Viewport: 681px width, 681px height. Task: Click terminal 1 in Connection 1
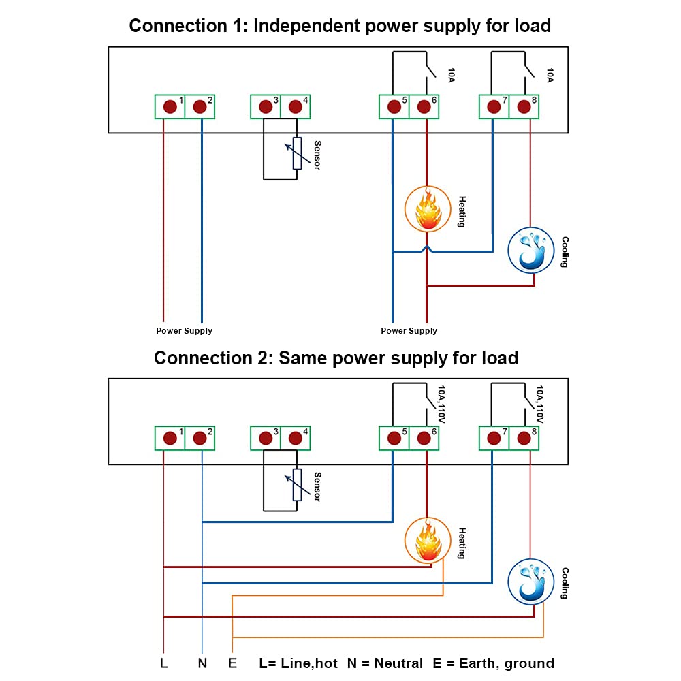(169, 107)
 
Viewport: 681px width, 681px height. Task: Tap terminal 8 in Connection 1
(523, 107)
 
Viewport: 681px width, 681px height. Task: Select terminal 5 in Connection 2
(393, 438)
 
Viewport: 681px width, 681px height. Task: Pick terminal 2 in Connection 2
(200, 438)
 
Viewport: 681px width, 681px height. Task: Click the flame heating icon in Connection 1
(428, 209)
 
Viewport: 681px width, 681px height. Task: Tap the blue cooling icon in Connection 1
(532, 250)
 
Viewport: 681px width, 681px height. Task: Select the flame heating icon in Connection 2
(428, 540)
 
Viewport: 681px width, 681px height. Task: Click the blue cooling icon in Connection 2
(531, 582)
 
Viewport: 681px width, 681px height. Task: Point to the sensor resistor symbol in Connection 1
(297, 153)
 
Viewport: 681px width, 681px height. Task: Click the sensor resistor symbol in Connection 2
(297, 484)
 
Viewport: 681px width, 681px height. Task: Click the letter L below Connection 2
(164, 663)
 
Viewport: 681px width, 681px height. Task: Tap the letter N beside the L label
(202, 663)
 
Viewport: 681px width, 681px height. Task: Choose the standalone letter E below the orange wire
(233, 663)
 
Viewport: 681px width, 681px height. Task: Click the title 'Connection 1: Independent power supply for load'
(340, 26)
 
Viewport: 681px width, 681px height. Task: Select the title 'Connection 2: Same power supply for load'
(336, 358)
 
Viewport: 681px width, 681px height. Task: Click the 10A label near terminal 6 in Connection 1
(451, 75)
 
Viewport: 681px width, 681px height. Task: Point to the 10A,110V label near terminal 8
(540, 404)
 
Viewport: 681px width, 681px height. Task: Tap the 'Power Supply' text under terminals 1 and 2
(184, 331)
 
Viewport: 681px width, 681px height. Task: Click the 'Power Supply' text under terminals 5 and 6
(409, 331)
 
